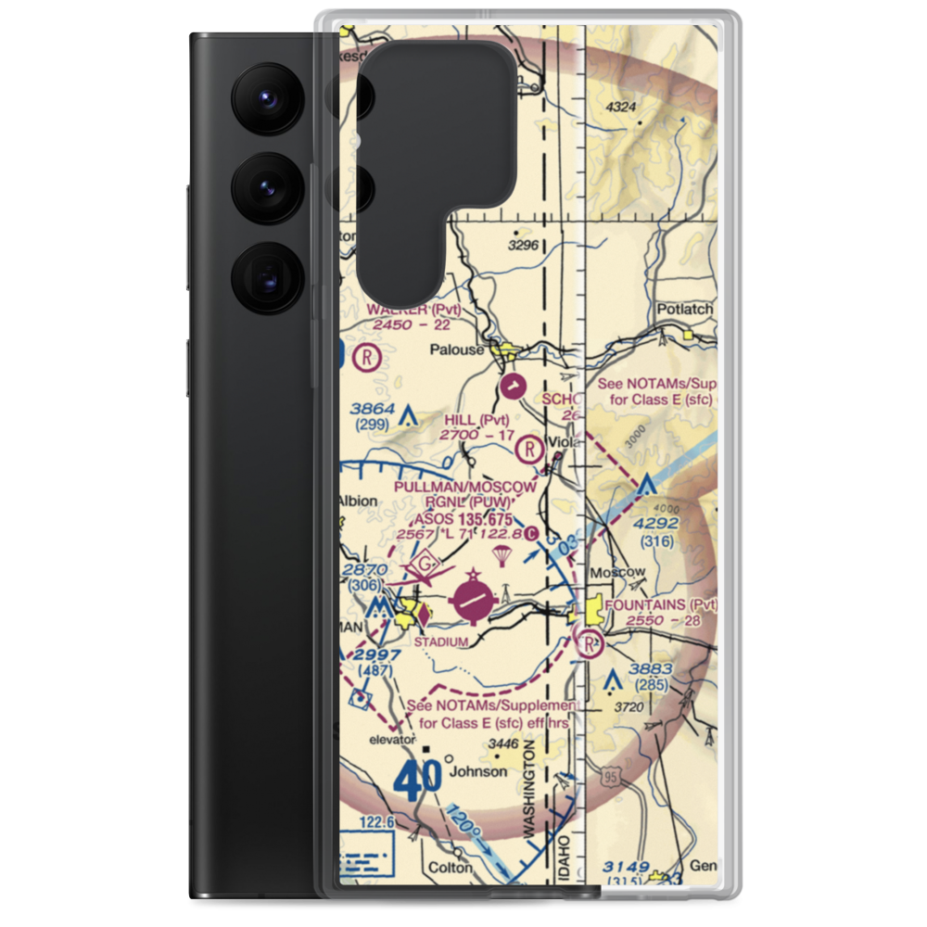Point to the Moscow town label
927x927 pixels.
(620, 572)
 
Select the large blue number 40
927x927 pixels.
(417, 781)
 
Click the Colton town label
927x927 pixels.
(450, 869)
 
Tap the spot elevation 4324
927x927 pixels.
(621, 108)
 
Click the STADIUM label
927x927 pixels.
(440, 641)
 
